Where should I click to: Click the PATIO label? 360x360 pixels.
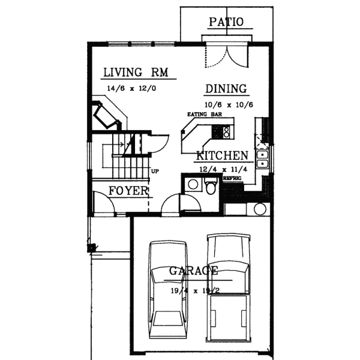226,22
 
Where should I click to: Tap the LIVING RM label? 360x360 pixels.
135,73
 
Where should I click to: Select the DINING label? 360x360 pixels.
226,89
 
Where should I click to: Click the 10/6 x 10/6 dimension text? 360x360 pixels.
228,104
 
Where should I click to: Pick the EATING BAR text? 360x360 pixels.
200,113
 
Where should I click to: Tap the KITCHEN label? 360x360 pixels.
221,156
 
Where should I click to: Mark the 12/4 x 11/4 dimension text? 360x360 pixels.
220,170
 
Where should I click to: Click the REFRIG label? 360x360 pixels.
232,178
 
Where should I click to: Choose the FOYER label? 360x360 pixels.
128,191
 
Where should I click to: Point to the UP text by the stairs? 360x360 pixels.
155,171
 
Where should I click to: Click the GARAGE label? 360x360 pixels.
193,271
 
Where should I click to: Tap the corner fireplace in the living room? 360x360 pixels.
104,116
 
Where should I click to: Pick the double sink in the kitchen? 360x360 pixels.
262,159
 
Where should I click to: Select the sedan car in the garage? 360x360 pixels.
167,288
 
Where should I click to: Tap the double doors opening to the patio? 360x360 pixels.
226,54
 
